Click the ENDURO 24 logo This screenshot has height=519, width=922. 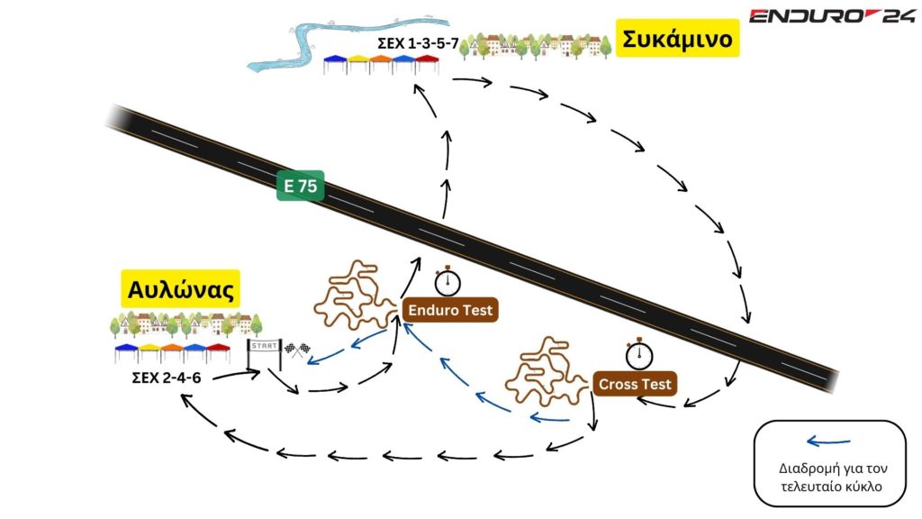point(832,15)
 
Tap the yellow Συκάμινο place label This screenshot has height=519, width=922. point(677,41)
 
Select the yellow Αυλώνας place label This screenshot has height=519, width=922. point(181,290)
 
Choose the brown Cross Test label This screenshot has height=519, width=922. point(636,385)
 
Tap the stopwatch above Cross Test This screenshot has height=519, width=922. point(639,352)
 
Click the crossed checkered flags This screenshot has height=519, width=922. point(297,351)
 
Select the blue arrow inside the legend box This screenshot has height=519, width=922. point(828,442)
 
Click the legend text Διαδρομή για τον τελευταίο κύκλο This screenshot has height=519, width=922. point(828,478)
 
